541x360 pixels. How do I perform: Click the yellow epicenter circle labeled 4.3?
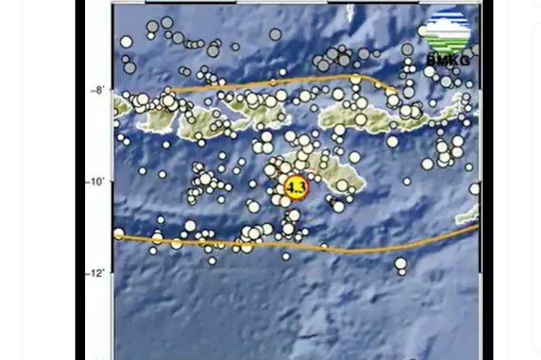pyautogui.click(x=295, y=187)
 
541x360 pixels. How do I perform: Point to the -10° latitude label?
pyautogui.click(x=99, y=182)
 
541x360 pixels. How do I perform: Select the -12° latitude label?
pyautogui.click(x=99, y=273)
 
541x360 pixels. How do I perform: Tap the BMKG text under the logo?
pyautogui.click(x=447, y=61)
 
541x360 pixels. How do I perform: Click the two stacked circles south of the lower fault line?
pyautogui.click(x=400, y=266)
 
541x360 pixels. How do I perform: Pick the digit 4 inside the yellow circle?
pyautogui.click(x=291, y=187)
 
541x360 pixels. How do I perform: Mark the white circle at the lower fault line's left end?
pyautogui.click(x=118, y=233)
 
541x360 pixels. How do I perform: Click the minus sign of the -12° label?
pyautogui.click(x=91, y=273)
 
